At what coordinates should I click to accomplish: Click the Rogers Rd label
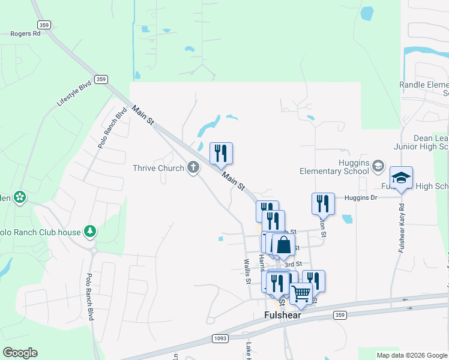click(25, 34)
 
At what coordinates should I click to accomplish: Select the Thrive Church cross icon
click(193, 167)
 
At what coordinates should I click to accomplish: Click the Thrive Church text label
click(158, 168)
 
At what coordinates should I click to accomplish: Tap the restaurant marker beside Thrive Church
click(221, 154)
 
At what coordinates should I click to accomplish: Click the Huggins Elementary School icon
click(378, 165)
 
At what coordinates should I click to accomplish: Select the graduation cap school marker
click(401, 178)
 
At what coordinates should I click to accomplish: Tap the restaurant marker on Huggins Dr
click(323, 204)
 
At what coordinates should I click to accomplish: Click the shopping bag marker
click(283, 245)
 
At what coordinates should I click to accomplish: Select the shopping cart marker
click(301, 294)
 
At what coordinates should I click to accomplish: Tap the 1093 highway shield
click(220, 338)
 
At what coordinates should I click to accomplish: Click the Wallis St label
click(246, 269)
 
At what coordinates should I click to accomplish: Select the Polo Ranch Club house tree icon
click(90, 230)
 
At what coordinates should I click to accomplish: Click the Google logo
click(20, 353)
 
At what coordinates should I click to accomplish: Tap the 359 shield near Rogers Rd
click(43, 25)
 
